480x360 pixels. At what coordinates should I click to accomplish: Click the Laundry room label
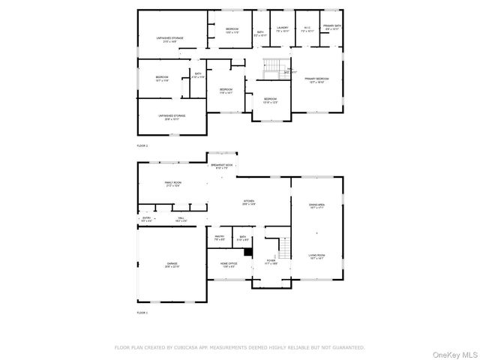(x=282, y=28)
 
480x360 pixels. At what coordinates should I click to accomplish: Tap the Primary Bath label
(x=331, y=27)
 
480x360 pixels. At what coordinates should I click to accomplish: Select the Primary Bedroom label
(x=316, y=79)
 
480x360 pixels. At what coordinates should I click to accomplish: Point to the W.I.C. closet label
(x=307, y=28)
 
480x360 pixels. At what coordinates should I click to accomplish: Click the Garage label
(x=172, y=265)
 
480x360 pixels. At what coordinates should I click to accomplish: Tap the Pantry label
(x=220, y=238)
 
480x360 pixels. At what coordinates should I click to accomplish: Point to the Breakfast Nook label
(x=221, y=166)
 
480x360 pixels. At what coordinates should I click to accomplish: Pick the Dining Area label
(x=317, y=205)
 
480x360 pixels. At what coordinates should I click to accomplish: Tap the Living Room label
(x=317, y=256)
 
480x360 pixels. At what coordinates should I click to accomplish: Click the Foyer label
(x=270, y=262)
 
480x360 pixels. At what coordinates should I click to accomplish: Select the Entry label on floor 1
(x=146, y=220)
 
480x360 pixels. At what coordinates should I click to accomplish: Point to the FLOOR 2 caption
(x=142, y=145)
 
